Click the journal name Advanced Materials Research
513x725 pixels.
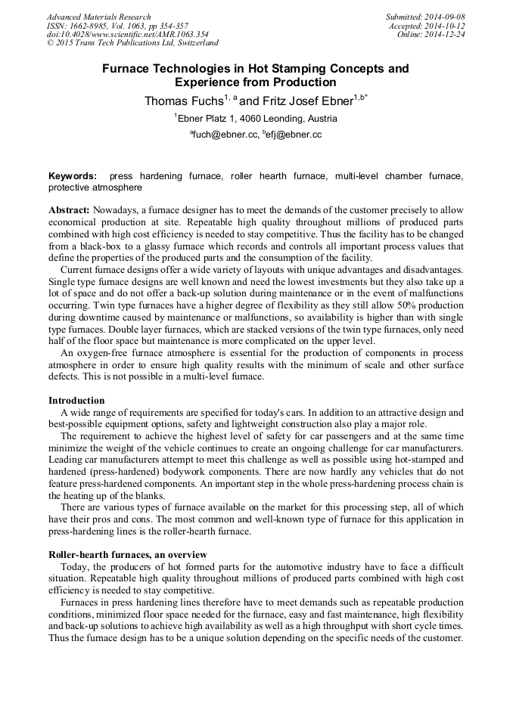(x=98, y=17)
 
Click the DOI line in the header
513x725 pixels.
(x=127, y=35)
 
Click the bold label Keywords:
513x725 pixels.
(x=73, y=176)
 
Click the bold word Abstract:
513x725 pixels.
(x=69, y=209)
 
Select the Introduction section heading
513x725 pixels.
(x=76, y=400)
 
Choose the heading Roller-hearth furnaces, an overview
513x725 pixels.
(x=127, y=554)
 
